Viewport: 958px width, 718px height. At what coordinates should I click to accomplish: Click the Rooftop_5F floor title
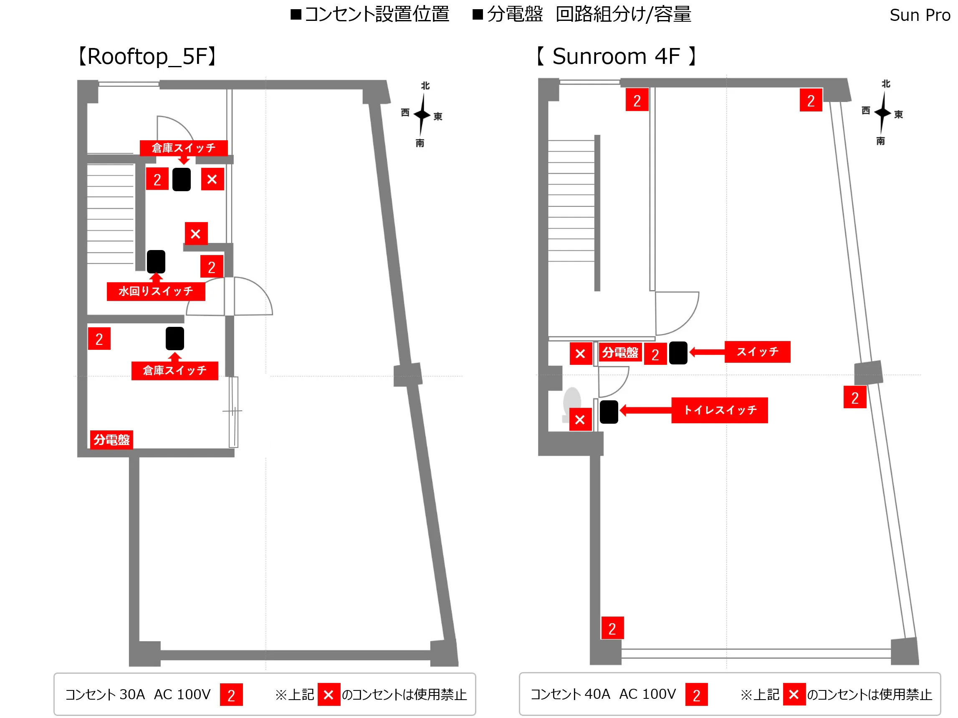pos(147,57)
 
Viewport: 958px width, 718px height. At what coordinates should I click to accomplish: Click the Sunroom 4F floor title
pos(616,57)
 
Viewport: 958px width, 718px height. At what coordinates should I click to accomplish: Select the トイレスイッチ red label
pos(719,410)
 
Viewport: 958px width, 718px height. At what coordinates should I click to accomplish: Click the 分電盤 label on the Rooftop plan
pos(111,440)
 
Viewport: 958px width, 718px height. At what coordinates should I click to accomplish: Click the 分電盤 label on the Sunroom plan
pos(620,353)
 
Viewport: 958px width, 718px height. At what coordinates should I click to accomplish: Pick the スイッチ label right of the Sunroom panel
pos(757,351)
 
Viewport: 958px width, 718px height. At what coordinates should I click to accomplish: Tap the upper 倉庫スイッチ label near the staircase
pos(183,148)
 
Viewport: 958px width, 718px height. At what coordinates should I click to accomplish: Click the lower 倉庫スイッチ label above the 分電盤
pos(174,371)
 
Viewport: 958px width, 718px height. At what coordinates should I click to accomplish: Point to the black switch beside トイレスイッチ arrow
pos(609,412)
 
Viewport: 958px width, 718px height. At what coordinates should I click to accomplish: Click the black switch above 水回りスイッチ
pos(156,262)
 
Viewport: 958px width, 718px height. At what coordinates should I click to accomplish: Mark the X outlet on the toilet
pos(580,419)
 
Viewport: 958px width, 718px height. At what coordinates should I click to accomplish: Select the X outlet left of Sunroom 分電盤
pos(580,354)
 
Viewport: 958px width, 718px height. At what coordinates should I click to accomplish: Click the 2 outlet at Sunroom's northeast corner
pos(811,101)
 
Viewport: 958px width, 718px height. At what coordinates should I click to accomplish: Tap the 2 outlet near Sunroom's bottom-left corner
pos(612,628)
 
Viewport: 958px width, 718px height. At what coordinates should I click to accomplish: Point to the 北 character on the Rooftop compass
pos(425,86)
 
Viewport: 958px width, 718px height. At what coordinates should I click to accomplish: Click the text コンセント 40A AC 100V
pos(603,694)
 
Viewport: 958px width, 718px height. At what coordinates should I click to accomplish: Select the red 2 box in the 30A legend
pos(231,695)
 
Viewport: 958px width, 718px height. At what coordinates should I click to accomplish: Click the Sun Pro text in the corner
pos(920,15)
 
